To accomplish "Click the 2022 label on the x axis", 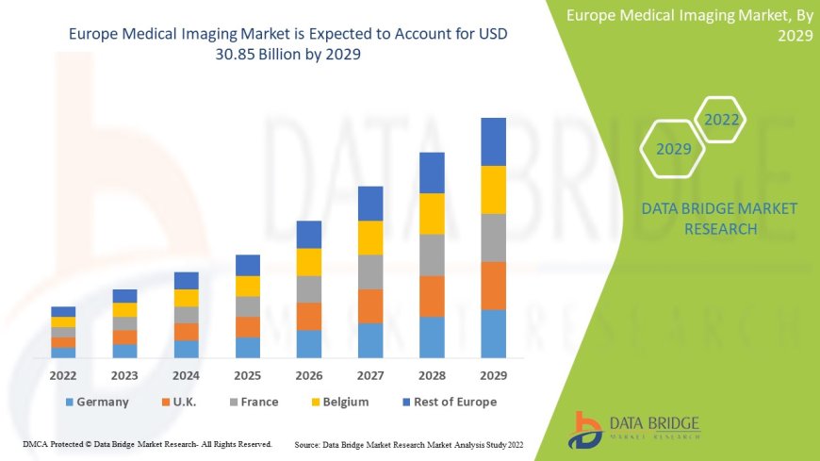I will point(63,375).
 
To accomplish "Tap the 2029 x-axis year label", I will point(493,375).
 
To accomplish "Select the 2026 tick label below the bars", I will point(309,375).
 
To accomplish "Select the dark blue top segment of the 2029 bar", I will point(493,141).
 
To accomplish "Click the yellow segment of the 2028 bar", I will point(432,213).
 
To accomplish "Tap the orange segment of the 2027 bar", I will point(370,305).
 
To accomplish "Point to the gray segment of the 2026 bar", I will point(309,288).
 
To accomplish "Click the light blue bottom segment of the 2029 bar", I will point(493,334).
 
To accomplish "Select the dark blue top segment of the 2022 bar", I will point(63,311).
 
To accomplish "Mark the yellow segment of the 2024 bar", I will point(187,298).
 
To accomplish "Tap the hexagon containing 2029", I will point(674,149).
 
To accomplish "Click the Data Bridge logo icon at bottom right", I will point(587,429).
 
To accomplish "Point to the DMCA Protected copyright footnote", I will point(147,444).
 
